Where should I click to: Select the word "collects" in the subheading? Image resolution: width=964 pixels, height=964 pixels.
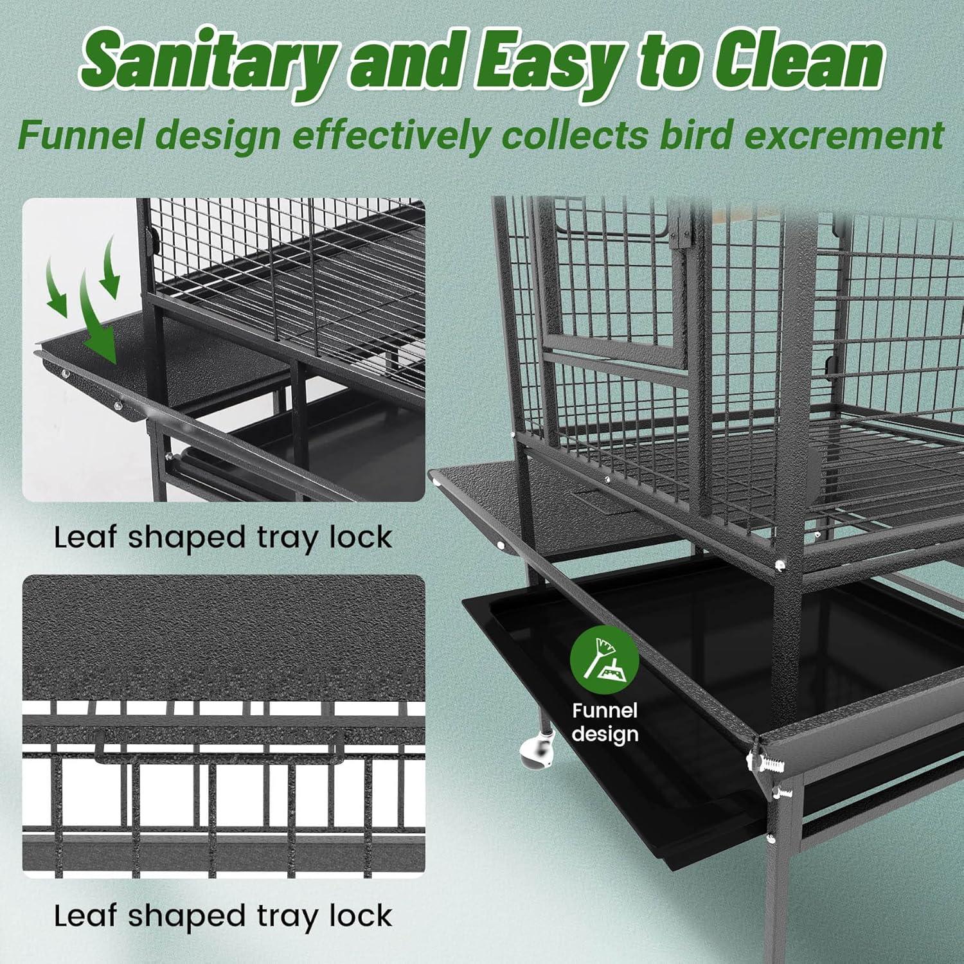coord(575,134)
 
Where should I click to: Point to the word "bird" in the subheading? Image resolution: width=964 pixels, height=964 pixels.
coord(697,134)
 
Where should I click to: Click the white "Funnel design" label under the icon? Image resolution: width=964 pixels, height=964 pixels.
coord(605,722)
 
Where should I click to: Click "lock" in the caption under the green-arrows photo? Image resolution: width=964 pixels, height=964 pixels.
coord(360,537)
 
